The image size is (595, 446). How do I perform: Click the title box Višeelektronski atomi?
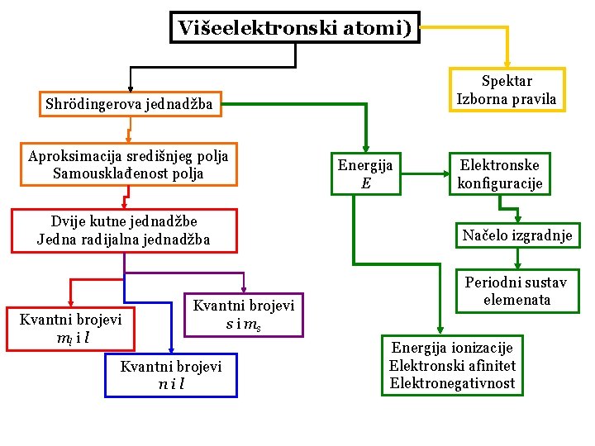294,28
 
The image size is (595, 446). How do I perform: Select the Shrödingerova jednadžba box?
129,105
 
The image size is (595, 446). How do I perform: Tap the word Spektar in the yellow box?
507,81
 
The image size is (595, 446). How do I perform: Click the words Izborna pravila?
507,100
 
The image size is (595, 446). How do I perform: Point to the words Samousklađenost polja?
127,173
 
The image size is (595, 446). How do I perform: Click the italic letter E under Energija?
365,183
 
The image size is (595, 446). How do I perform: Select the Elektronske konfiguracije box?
500,173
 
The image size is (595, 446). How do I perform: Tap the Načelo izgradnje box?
517,236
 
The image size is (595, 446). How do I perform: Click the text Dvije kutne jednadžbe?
124,221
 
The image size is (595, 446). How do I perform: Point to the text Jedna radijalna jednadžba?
124,240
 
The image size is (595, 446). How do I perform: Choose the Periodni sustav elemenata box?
516,291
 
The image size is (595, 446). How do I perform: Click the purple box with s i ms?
243,315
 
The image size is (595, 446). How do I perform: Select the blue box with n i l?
171,375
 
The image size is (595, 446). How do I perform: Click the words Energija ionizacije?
452,348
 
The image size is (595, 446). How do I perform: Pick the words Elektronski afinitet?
452,365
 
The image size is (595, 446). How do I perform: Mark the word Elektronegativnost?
452,383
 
